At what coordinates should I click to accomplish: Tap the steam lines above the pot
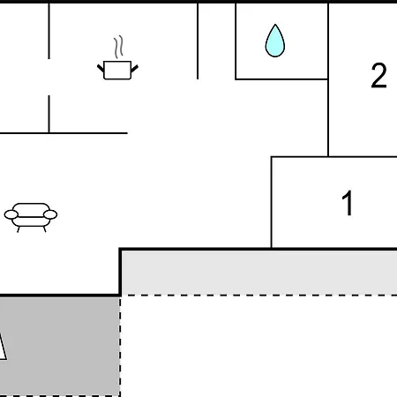tap(118, 47)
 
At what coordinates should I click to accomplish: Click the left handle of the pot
tap(101, 69)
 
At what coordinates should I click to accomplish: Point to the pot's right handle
tap(134, 69)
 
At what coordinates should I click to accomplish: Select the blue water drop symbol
tap(275, 41)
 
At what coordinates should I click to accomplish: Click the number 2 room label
tap(378, 76)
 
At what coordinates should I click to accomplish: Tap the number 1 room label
tap(348, 203)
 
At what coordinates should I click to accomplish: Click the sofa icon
tap(31, 218)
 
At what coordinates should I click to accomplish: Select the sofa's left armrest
tap(11, 214)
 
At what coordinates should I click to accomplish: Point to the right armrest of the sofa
tap(50, 214)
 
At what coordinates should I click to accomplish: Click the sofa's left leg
tap(19, 229)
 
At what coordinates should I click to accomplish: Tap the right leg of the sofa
tap(45, 229)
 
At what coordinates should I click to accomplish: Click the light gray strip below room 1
tap(259, 273)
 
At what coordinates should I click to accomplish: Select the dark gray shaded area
tap(60, 347)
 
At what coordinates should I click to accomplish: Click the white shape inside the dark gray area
tap(3, 347)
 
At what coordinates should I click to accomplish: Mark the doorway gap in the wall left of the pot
tap(49, 77)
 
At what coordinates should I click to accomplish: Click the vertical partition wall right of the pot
tap(198, 41)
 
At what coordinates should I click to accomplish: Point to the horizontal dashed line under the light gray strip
tap(259, 295)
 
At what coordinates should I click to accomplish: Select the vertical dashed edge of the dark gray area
tap(120, 347)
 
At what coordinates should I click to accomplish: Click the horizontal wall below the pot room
tap(64, 133)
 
